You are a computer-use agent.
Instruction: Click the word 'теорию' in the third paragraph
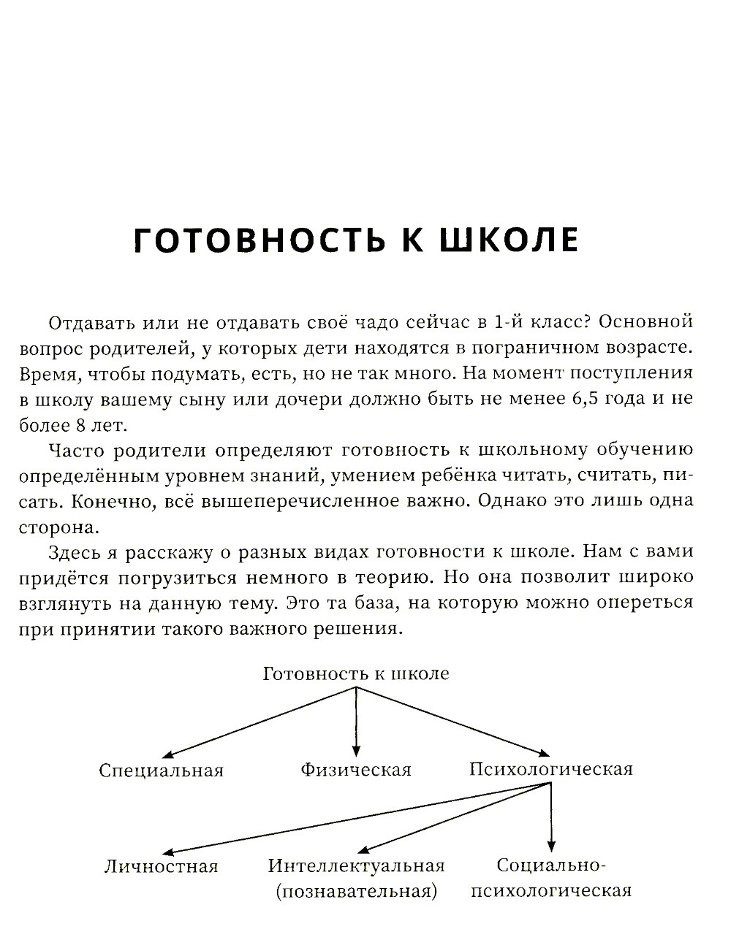[393, 578]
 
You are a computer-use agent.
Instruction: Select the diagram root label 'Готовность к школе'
[356, 673]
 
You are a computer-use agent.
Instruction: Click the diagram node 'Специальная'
[161, 771]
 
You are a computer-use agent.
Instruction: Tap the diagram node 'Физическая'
[356, 770]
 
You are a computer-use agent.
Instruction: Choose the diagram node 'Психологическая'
[551, 769]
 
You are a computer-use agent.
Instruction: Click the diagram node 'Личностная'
[162, 867]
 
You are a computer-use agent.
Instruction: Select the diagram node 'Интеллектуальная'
[357, 866]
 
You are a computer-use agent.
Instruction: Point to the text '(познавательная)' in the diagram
[357, 892]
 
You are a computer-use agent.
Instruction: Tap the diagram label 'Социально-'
[552, 866]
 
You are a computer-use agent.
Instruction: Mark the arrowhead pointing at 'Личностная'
[167, 852]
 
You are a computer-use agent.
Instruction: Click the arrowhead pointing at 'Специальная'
[167, 756]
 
